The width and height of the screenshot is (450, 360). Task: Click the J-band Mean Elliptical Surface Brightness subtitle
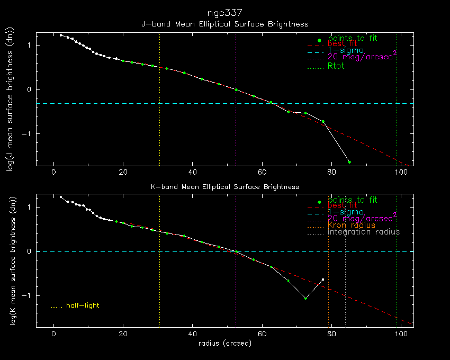(224, 24)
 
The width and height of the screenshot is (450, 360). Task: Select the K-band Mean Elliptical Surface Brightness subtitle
(224, 187)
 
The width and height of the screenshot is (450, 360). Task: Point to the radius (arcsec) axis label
(224, 343)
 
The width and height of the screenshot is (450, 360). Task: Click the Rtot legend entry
(336, 66)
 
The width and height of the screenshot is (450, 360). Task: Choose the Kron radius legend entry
(351, 225)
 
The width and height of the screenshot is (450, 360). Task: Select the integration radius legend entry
(364, 232)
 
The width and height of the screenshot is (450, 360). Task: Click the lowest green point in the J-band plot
(349, 162)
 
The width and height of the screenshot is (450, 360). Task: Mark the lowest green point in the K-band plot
(305, 299)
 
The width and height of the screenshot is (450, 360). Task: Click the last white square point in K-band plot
(322, 280)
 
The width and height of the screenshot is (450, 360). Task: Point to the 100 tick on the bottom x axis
(401, 335)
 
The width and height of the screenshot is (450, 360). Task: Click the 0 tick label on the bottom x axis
(53, 335)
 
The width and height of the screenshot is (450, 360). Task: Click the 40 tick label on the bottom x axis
(192, 335)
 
